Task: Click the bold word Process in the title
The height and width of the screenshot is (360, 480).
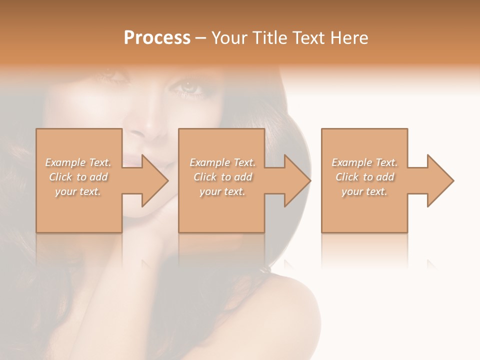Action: [x=157, y=38]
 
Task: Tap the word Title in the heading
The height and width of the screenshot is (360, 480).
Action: [x=270, y=38]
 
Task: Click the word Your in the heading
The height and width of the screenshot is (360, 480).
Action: [x=230, y=38]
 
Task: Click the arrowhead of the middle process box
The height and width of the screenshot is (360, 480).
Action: [x=297, y=180]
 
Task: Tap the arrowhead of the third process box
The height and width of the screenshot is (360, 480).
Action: [x=440, y=180]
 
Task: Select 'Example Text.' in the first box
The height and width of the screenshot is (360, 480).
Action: [x=78, y=162]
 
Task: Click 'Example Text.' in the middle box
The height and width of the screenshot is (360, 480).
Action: [x=222, y=162]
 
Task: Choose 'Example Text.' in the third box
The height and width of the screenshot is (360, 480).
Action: [x=364, y=162]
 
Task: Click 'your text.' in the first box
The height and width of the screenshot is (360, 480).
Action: [x=78, y=191]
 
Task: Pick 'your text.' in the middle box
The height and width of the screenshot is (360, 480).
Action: [x=222, y=191]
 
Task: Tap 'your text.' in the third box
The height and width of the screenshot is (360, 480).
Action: [x=364, y=191]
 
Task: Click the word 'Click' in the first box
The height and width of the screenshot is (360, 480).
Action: [x=60, y=177]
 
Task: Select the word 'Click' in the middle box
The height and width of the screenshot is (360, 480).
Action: [x=204, y=177]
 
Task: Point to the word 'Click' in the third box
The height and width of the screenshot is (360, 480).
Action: [x=346, y=177]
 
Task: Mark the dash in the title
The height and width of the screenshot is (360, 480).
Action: [x=201, y=38]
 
